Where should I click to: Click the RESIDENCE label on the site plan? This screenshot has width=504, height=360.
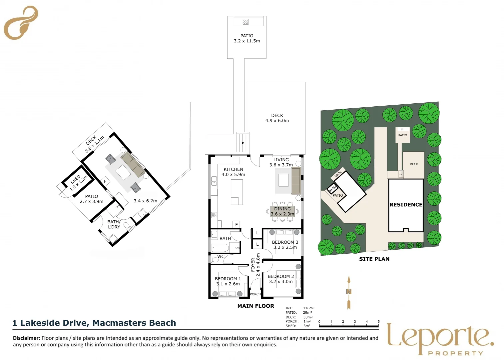[406, 205]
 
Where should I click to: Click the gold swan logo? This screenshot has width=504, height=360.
[21, 23]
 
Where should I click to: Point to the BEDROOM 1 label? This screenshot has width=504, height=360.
[228, 279]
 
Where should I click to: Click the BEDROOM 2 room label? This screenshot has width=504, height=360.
[281, 276]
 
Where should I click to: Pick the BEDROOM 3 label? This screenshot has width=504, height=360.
[285, 242]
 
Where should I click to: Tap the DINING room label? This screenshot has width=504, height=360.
[282, 209]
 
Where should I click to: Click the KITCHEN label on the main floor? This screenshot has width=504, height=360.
[233, 169]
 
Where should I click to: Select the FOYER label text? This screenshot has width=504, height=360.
[253, 265]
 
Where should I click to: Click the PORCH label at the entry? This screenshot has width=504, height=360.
[255, 294]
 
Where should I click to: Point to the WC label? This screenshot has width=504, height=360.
[221, 257]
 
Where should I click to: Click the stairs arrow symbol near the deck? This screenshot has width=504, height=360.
[243, 143]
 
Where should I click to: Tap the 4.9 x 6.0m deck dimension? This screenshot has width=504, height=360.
[277, 121]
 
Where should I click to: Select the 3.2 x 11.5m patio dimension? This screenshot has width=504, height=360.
[247, 41]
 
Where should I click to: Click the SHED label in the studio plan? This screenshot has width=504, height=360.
[76, 179]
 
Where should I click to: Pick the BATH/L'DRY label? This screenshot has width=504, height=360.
[114, 224]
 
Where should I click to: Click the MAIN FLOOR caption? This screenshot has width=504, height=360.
[255, 306]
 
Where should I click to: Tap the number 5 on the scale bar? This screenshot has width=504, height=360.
[378, 322]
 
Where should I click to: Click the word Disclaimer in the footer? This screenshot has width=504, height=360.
[26, 338]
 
